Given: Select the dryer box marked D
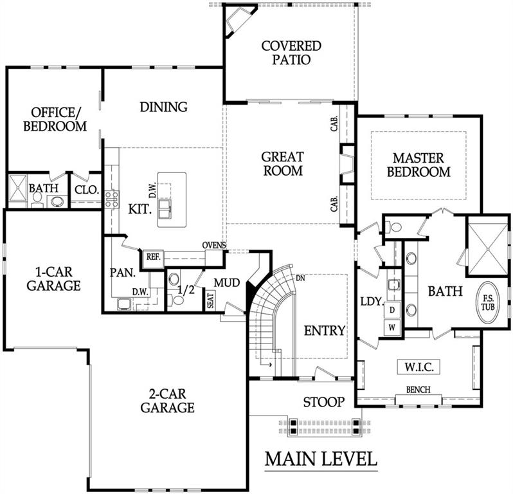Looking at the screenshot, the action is tap(392, 309).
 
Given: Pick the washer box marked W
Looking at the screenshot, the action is tap(392, 327).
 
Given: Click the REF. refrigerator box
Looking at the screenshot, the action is tap(154, 257).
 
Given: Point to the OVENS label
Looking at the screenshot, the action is tap(214, 245).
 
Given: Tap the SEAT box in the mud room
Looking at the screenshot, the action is tap(210, 300).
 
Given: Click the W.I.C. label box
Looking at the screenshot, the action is tap(419, 367).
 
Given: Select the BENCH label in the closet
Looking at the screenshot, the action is tap(418, 390).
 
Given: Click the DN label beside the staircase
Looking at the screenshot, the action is tap(300, 279).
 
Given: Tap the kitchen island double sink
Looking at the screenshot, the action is tap(164, 209).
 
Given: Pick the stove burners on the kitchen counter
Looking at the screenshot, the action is tap(112, 199).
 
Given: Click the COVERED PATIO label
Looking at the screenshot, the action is tap(291, 53).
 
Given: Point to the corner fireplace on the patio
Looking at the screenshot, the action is tap(239, 21).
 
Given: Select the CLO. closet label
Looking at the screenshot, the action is tap(87, 190).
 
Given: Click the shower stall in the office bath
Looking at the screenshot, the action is tap(17, 188).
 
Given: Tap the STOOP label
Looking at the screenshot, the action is tap(323, 402).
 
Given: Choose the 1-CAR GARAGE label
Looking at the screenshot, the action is tap(53, 279).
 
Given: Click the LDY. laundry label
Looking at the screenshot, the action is tap(372, 302).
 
